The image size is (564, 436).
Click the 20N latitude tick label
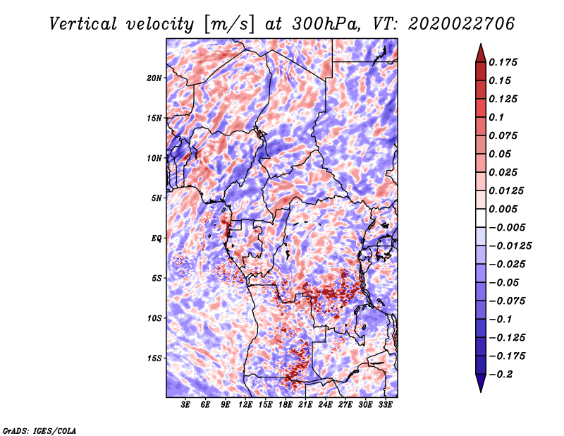click(154, 78)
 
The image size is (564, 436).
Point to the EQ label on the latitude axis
click(157, 238)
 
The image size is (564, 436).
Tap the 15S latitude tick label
click(154, 358)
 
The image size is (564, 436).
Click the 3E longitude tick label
click(186, 405)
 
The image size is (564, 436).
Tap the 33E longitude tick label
click(385, 405)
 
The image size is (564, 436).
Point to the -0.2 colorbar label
click(502, 374)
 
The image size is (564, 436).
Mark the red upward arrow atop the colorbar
click(479, 52)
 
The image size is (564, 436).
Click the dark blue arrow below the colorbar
click(479, 383)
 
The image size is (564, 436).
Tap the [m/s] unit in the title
click(228, 23)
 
